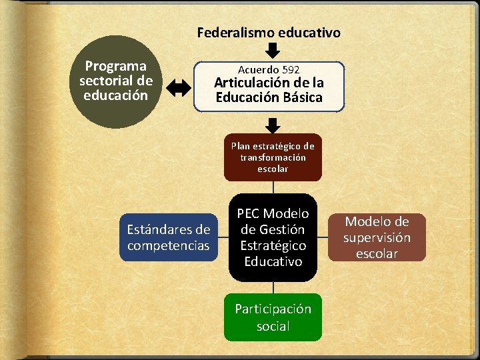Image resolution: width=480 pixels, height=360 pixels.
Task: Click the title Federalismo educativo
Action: [x=269, y=32]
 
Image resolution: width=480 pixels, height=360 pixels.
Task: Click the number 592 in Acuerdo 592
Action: [x=291, y=69]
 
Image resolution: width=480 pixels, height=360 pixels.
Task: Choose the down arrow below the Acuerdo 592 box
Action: [x=273, y=125]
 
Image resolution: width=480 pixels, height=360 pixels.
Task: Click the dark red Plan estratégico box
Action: [x=273, y=157]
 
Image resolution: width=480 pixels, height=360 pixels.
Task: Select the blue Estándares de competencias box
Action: [x=169, y=238]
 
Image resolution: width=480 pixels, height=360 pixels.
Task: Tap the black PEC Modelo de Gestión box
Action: [x=273, y=237]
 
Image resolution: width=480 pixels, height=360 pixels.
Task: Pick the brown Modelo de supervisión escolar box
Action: [x=377, y=237]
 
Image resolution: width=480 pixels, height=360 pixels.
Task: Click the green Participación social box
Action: [x=273, y=317]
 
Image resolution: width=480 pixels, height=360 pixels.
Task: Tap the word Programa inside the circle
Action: [x=116, y=66]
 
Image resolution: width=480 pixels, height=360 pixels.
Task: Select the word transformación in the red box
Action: [x=273, y=157]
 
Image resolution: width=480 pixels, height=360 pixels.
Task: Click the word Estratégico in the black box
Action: [x=273, y=245]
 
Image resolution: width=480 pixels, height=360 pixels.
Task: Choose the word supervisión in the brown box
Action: [x=377, y=237]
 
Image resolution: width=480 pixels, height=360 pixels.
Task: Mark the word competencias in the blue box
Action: [x=169, y=246]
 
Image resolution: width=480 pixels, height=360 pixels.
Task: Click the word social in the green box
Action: [x=273, y=326]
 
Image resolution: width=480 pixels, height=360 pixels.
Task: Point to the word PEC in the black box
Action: [x=249, y=213]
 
